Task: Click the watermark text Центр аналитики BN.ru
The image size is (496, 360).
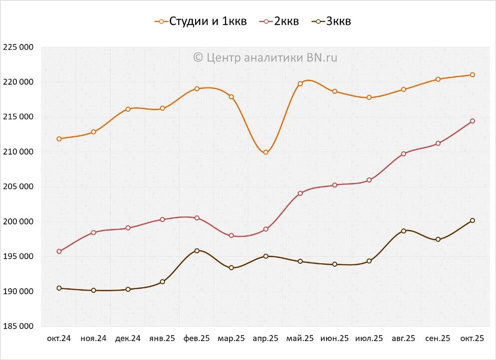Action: click(265, 57)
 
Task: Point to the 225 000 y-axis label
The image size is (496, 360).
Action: click(18, 47)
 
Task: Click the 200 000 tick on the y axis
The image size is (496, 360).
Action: click(18, 221)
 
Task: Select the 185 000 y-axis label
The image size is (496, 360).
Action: click(18, 326)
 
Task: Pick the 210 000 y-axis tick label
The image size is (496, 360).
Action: click(18, 152)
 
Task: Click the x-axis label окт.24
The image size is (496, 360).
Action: click(59, 338)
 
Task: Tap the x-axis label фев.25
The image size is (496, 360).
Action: click(197, 338)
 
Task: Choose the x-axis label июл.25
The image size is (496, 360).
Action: click(369, 338)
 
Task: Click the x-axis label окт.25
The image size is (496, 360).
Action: click(472, 338)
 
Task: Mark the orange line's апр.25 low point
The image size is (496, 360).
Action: click(265, 152)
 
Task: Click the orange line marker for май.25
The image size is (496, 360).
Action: click(300, 84)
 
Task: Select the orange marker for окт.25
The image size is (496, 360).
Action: click(472, 75)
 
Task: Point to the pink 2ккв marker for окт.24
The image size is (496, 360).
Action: click(59, 251)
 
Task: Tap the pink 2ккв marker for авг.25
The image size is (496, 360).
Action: click(403, 154)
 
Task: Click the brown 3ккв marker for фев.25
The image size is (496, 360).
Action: click(197, 251)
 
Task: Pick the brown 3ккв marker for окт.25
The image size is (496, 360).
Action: click(472, 220)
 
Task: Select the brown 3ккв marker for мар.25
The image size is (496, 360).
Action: click(231, 268)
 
